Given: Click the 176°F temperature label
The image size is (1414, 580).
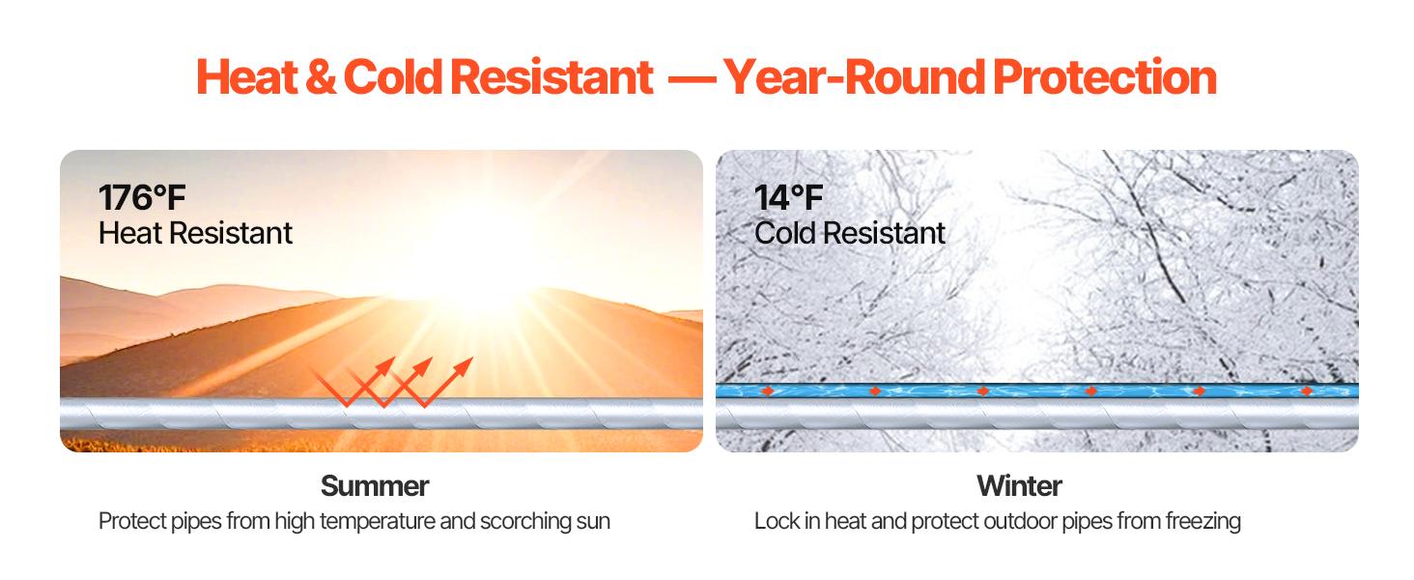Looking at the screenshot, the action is [142, 198].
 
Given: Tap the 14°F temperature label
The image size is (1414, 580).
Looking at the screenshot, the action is [788, 198].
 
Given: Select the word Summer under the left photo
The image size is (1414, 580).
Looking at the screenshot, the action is [375, 486].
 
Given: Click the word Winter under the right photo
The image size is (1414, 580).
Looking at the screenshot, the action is [1019, 486].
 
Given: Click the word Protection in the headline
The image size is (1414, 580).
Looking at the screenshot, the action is [1105, 77].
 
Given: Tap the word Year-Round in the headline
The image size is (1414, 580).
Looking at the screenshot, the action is [854, 77].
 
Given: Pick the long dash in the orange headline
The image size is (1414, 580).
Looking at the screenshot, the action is [692, 79].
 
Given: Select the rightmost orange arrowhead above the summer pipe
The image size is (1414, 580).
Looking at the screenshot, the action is [464, 365].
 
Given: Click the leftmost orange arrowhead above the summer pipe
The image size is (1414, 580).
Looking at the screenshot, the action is [385, 365].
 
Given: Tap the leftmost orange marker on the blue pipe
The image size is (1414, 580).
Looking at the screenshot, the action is [768, 391].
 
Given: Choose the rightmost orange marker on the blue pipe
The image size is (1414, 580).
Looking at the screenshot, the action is [1307, 391].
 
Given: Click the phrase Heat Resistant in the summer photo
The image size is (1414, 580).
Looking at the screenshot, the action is [195, 233].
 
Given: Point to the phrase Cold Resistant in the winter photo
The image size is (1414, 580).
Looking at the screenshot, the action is [850, 233].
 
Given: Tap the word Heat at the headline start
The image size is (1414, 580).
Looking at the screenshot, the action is [247, 77].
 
